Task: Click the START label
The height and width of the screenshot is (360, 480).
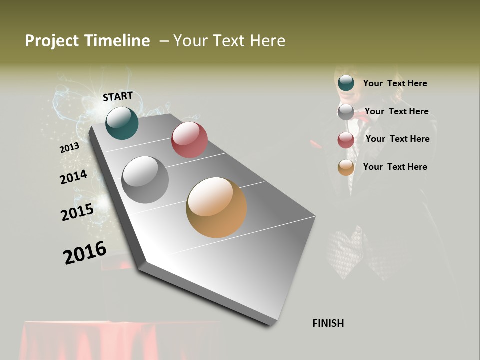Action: [x=118, y=96]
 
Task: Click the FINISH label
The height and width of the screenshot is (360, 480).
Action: [x=328, y=323]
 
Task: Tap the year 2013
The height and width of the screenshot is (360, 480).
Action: [x=69, y=148]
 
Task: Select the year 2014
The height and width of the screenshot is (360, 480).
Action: [x=73, y=177]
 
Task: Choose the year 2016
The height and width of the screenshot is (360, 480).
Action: [x=85, y=252]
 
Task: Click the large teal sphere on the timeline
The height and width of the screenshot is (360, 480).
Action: [x=122, y=123]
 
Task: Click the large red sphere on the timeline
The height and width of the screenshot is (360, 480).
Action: [x=189, y=140]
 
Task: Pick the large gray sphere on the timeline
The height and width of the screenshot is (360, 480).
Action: [x=145, y=180]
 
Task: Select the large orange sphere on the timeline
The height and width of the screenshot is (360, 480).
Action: [x=216, y=207]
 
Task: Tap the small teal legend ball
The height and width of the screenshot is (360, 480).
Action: [x=346, y=83]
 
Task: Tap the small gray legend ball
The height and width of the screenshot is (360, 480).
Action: [x=346, y=112]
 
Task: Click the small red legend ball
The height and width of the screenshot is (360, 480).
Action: [x=346, y=140]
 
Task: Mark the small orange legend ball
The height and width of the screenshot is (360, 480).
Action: [x=346, y=168]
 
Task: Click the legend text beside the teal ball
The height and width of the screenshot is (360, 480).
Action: [x=395, y=83]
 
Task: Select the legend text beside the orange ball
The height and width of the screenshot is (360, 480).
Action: [x=395, y=167]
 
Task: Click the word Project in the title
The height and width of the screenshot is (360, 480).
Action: [x=52, y=41]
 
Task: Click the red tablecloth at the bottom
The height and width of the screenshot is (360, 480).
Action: [x=120, y=340]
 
